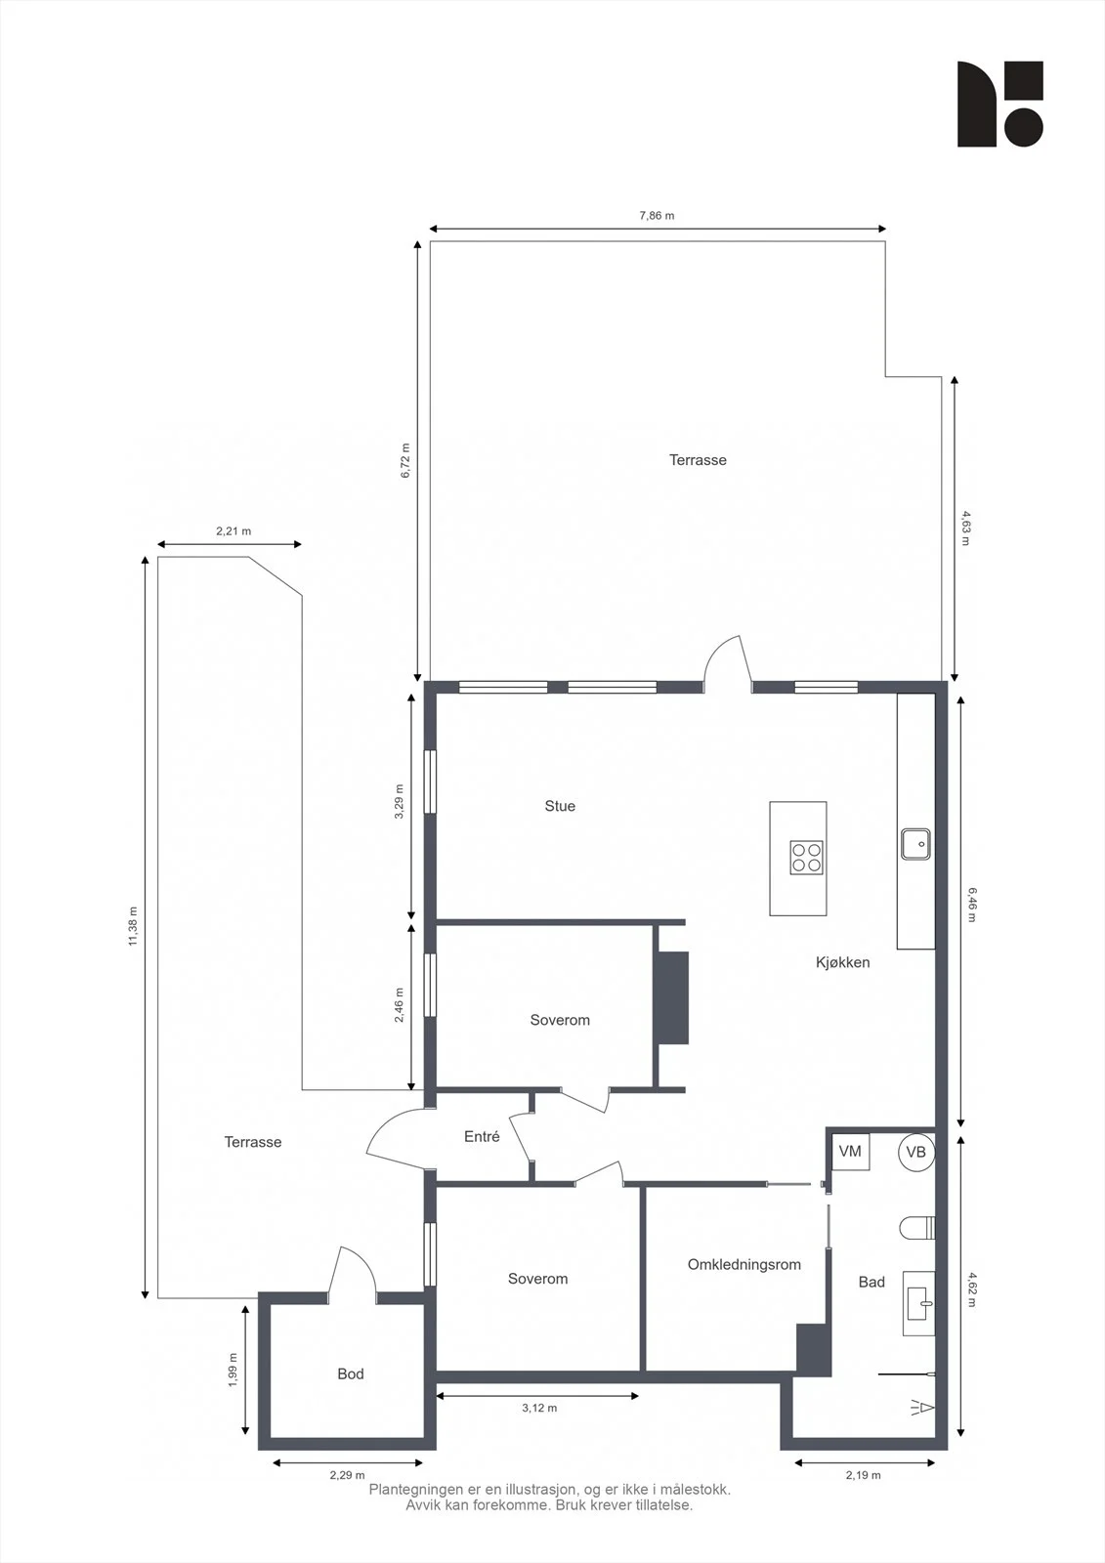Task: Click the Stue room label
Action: click(x=560, y=806)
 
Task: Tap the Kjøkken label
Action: click(x=842, y=962)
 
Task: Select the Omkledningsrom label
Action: click(x=744, y=1264)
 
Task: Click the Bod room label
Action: click(x=351, y=1373)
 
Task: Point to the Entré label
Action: click(x=482, y=1137)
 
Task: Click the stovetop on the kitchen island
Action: click(x=806, y=858)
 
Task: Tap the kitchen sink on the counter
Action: click(x=915, y=844)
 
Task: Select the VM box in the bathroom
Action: click(x=850, y=1152)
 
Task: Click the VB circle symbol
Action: click(x=915, y=1152)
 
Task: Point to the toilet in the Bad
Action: click(x=917, y=1228)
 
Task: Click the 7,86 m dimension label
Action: click(x=657, y=216)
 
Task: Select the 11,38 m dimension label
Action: click(x=133, y=927)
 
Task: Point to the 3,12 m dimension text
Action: click(x=539, y=1408)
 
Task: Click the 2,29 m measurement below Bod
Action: click(x=347, y=1475)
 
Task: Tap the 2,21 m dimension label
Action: click(x=234, y=531)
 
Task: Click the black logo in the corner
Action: click(x=1000, y=104)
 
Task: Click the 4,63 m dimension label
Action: click(x=966, y=528)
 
